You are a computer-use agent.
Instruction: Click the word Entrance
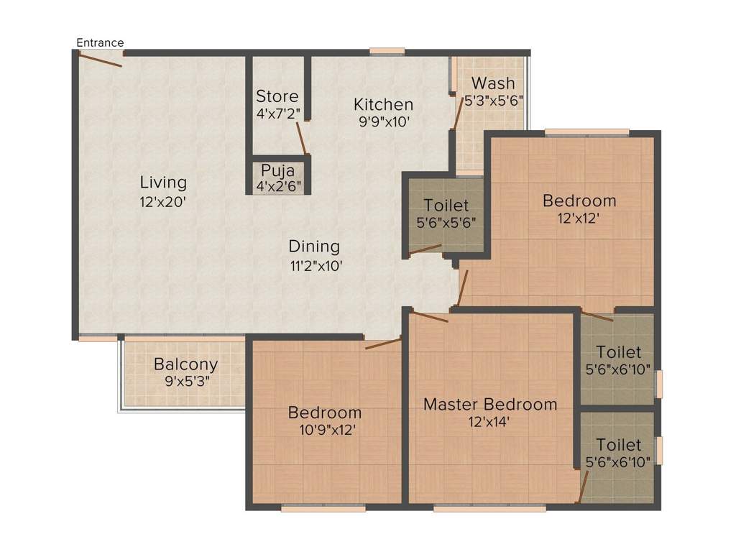pos(100,42)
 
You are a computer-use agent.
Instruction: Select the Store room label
pos(277,96)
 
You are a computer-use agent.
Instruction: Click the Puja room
pos(277,177)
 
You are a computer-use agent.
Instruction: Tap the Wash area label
pos(493,83)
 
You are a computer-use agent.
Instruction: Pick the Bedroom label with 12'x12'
pos(579,201)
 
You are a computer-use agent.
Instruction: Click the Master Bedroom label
pos(489,404)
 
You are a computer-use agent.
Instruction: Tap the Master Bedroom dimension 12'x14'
pos(489,421)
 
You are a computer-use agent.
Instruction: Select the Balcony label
pos(185,364)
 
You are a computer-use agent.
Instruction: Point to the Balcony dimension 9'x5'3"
pos(185,382)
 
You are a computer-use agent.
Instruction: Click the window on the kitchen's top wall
pos(387,51)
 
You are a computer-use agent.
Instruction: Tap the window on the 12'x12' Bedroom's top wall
pos(586,132)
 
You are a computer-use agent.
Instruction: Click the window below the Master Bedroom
pos(489,508)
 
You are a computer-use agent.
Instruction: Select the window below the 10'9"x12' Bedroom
pos(323,508)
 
